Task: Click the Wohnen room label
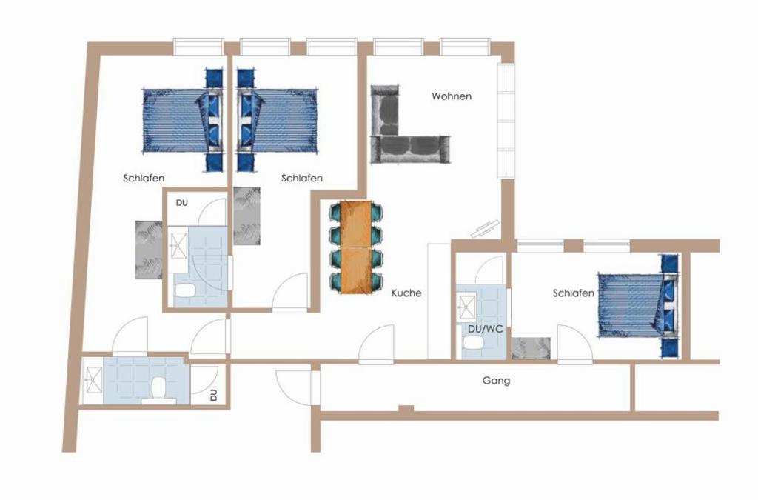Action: [452, 96]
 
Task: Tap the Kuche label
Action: [406, 293]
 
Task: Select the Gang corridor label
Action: [497, 381]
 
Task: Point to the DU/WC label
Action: [486, 330]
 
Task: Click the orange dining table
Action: [356, 247]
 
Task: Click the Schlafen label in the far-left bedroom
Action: [144, 179]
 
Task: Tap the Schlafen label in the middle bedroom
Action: [302, 179]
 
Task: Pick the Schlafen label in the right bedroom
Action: [574, 293]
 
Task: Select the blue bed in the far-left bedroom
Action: [183, 121]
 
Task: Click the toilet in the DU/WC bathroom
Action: [473, 343]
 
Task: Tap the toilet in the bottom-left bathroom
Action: [158, 388]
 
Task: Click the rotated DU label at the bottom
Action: [214, 396]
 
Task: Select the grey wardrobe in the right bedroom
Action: [531, 348]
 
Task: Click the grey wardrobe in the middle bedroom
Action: [246, 216]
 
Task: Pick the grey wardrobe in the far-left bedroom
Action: [149, 250]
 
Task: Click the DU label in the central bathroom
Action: [182, 203]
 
